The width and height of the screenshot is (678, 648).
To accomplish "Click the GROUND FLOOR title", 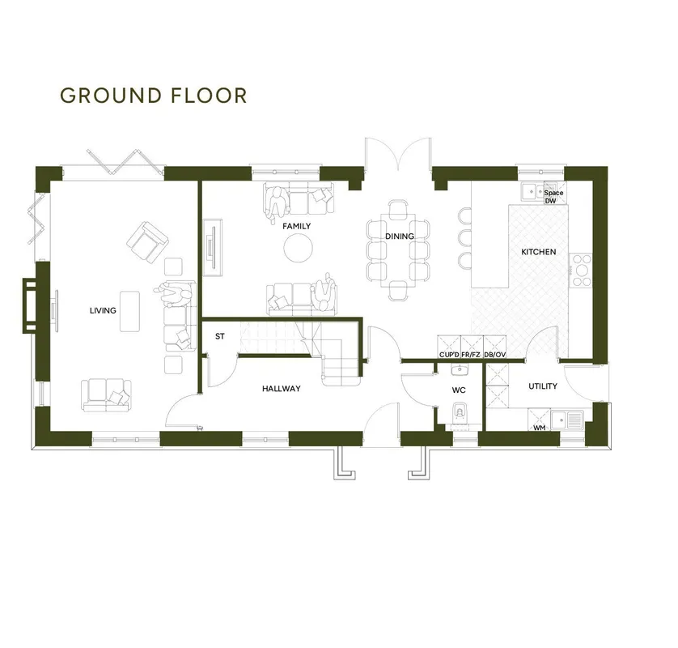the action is pos(153,96).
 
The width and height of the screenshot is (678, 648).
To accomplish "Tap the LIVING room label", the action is pos(103,310).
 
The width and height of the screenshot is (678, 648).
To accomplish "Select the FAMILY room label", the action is pos(297,226).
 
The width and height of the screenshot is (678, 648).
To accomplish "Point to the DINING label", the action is pos(400,236).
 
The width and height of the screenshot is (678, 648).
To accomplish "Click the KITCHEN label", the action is pos(539,251).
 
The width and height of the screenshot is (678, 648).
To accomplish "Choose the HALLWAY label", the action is pos(281,388).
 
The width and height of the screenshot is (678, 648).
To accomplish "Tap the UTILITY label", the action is pos(543,386).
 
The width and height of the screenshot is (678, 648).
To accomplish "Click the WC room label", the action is pos(459,390).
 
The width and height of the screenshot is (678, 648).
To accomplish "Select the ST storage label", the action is pos(219,336).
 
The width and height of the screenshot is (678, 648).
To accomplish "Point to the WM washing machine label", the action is pos(539,428).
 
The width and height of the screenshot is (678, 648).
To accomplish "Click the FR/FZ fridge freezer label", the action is pos(471,355).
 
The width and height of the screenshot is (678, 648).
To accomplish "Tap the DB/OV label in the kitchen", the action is pos(495,355).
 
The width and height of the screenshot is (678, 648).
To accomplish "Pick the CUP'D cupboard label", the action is pos(449,355).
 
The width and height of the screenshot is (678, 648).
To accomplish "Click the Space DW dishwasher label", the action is pos(553,197).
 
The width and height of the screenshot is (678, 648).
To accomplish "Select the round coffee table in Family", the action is pos(299,248).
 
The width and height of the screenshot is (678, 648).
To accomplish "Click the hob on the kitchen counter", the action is pos(581,271).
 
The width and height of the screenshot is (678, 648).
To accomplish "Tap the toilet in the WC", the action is pos(460,412).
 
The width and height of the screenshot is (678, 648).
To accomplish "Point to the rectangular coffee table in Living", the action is pos(129,311).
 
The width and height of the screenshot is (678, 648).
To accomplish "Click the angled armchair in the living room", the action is pos(147,242).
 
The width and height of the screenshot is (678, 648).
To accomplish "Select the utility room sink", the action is pos(567,420).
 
